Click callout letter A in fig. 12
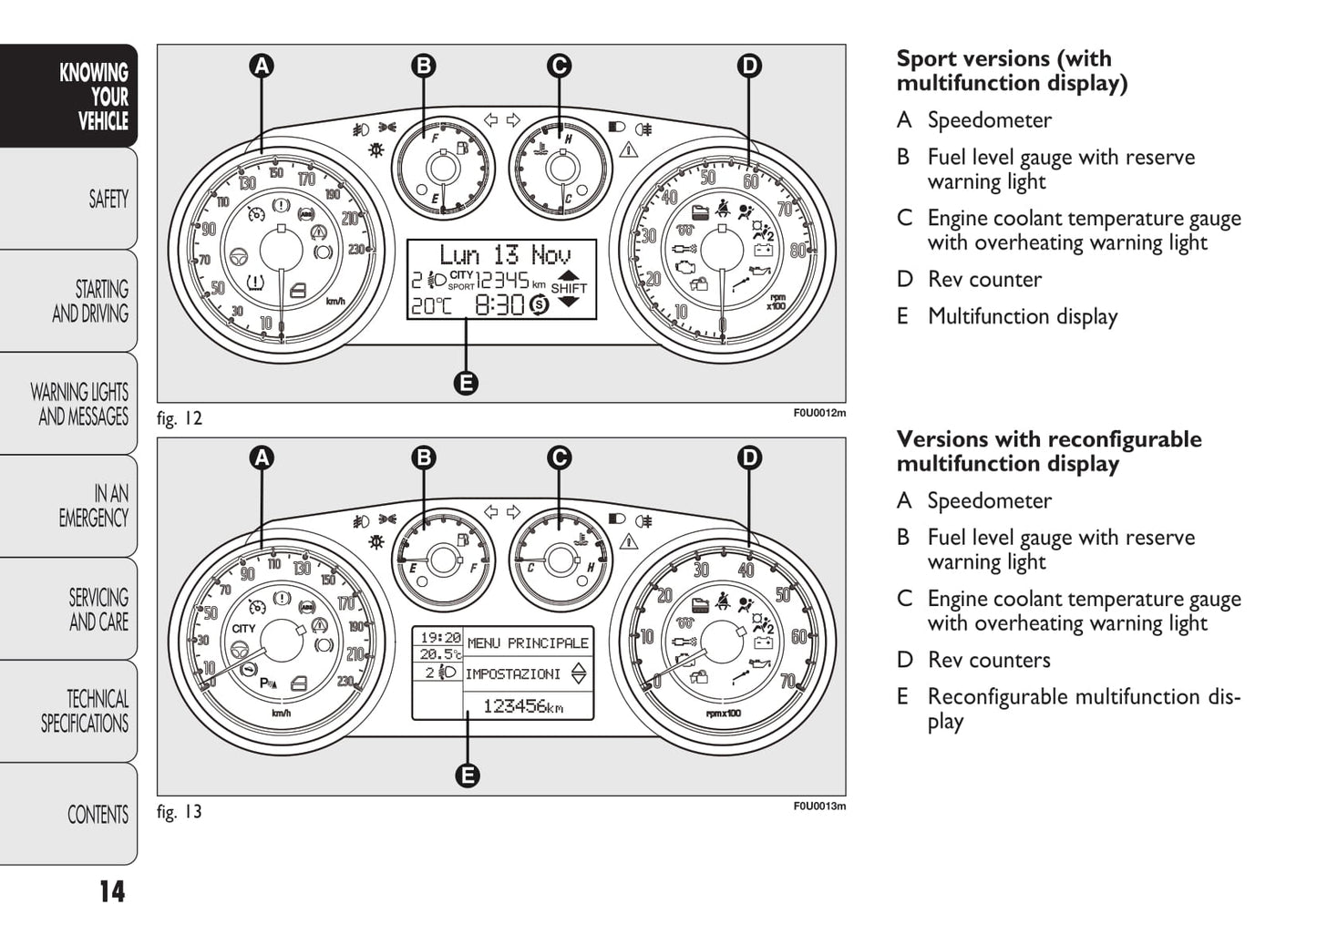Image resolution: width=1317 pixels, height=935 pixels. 262,66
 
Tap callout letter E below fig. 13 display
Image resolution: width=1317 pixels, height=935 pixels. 467,776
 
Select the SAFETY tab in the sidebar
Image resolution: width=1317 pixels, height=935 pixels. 108,199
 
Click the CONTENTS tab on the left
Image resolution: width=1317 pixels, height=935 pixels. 98,814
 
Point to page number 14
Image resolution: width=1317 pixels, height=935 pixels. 111,891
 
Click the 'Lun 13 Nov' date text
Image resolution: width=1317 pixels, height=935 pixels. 504,255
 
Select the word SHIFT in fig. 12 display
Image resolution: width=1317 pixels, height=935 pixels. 569,289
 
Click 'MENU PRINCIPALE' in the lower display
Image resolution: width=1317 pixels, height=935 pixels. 528,643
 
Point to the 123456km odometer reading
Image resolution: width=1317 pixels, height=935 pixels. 522,706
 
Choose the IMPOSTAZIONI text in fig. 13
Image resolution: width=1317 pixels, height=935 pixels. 512,674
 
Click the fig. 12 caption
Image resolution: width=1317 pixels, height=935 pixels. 180,419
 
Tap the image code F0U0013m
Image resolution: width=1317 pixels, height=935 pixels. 818,807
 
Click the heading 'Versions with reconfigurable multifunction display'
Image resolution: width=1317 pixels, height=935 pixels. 1048,451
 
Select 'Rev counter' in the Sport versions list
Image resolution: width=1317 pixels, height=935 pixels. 984,280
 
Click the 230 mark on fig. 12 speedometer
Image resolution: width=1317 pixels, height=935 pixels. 355,250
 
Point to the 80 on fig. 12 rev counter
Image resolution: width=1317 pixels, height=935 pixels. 797,251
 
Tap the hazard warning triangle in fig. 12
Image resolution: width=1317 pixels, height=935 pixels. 628,149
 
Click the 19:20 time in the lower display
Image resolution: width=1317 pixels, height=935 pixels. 439,638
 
